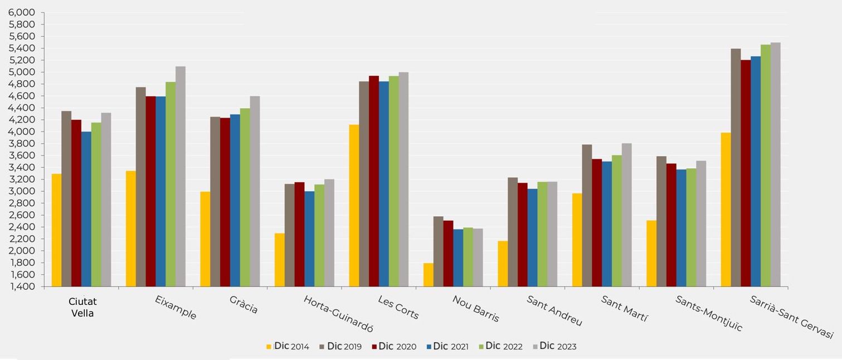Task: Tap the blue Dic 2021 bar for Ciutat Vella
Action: pos(86,209)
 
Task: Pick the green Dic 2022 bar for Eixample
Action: pos(171,184)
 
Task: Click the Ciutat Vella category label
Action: pos(82,307)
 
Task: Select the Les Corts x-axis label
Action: pos(398,307)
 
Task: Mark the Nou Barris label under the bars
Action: pos(475,309)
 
